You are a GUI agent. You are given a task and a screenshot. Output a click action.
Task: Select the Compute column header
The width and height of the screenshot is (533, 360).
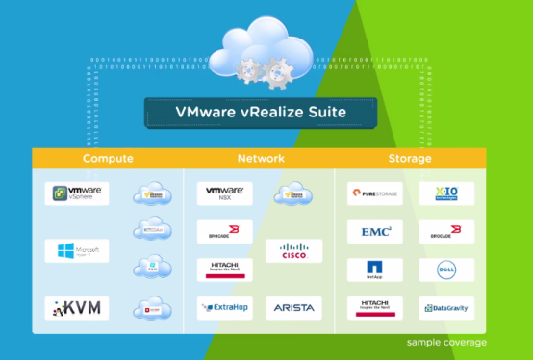[108, 158]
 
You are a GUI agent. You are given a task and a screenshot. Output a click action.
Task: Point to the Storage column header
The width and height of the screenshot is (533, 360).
[410, 158]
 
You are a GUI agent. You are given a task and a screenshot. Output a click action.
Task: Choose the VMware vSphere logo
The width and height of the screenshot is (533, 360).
[77, 193]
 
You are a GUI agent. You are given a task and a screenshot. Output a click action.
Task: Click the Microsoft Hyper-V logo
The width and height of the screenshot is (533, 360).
[77, 251]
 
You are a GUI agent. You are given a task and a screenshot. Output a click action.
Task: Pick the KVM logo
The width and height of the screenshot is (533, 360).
[77, 308]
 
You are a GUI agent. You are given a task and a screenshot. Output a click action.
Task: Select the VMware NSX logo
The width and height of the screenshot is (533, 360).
[224, 193]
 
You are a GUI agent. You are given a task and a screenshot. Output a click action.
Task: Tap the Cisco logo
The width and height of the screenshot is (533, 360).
[293, 251]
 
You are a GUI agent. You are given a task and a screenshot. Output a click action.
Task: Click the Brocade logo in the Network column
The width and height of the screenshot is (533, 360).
[224, 232]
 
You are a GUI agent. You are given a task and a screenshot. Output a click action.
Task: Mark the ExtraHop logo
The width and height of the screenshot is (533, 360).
[224, 308]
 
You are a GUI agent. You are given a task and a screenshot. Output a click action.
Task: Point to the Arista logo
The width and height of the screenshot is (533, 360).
[293, 308]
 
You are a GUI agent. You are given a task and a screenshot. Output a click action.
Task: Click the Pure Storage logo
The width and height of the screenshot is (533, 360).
[374, 193]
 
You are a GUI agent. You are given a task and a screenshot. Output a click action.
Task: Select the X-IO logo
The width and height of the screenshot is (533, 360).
[445, 193]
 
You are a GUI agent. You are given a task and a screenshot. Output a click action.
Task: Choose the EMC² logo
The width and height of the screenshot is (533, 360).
[374, 232]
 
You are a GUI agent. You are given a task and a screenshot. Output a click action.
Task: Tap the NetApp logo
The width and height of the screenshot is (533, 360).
[374, 270]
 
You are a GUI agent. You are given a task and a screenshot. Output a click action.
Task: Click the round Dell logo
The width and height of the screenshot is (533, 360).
[445, 270]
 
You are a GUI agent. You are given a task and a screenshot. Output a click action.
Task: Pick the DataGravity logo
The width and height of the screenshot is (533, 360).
[445, 308]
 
